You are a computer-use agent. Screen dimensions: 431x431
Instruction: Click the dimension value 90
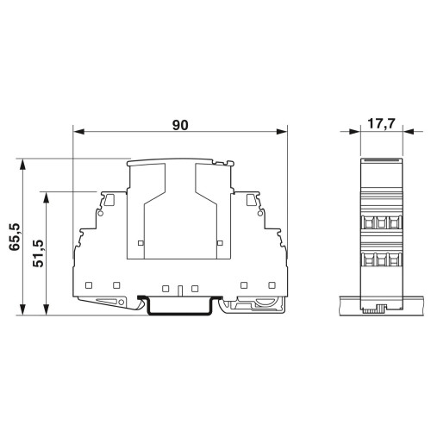pyautogui.click(x=180, y=125)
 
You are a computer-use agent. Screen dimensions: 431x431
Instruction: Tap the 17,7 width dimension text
pyautogui.click(x=382, y=124)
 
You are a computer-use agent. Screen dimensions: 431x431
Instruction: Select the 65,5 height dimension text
pyautogui.click(x=15, y=237)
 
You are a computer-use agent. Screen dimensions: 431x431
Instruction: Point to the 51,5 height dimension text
pyautogui.click(x=38, y=253)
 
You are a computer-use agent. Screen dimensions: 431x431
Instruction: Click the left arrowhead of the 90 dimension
pyautogui.click(x=78, y=132)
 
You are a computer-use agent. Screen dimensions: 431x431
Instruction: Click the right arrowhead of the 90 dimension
pyautogui.click(x=282, y=132)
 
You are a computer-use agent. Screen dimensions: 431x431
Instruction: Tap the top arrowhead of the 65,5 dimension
pyautogui.click(x=23, y=164)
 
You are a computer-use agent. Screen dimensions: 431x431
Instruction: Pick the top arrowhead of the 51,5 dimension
pyautogui.click(x=46, y=197)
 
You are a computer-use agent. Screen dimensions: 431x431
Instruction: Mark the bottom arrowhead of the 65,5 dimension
pyautogui.click(x=23, y=309)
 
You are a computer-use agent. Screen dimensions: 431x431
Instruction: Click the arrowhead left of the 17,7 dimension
pyautogui.click(x=354, y=132)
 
